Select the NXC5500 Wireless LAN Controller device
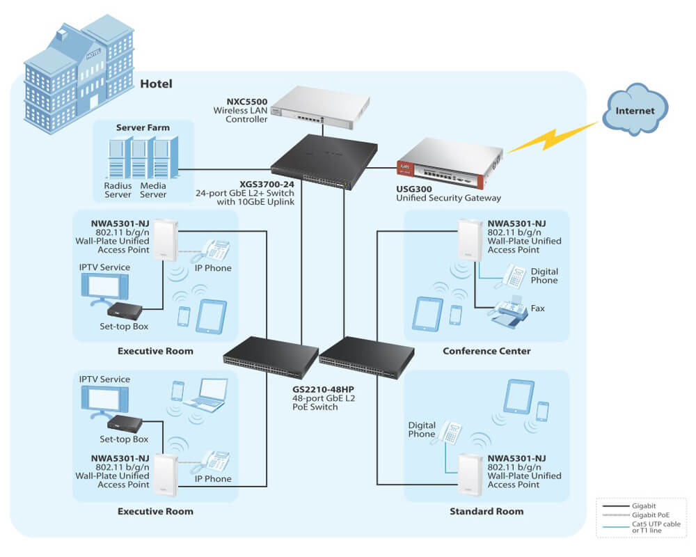click(x=320, y=107)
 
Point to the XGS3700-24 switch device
click(x=324, y=162)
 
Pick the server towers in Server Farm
click(x=143, y=157)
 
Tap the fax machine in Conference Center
click(x=509, y=311)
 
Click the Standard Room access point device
click(x=470, y=475)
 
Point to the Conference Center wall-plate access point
click(x=470, y=240)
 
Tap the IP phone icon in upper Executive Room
click(x=216, y=251)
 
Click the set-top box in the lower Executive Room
click(x=125, y=424)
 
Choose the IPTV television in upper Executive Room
click(x=105, y=290)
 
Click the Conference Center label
click(x=487, y=351)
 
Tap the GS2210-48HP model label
click(x=323, y=389)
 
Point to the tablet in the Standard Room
click(x=519, y=396)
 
